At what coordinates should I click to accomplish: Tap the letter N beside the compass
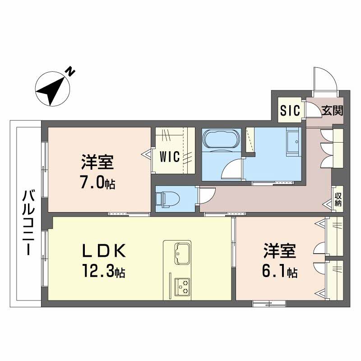point(71,71)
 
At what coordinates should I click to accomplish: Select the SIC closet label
point(289,111)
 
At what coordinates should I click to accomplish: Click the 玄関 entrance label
point(332,111)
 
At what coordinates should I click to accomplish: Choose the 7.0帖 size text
point(97,183)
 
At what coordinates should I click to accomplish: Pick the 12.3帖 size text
point(103,272)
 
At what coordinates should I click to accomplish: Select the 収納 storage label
point(338,199)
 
